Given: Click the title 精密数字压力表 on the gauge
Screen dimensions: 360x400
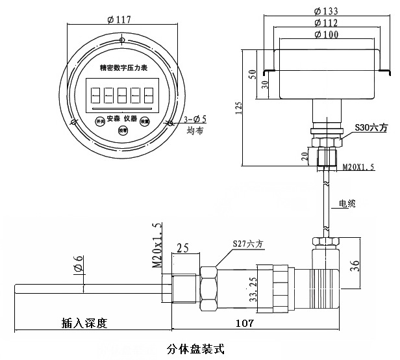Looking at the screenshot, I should [123, 67].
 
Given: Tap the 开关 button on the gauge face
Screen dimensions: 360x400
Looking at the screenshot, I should [99, 121].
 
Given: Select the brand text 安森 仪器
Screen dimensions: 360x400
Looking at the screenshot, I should [122, 118].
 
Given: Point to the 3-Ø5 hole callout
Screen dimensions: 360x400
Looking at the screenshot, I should [194, 119].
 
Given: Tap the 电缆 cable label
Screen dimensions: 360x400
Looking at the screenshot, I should [347, 203].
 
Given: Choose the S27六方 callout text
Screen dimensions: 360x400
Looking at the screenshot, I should [247, 244].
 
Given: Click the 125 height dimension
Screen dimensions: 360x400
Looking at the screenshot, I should [238, 107].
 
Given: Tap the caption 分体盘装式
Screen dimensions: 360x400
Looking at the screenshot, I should [195, 348].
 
